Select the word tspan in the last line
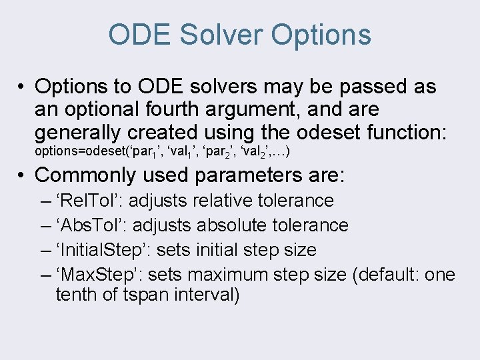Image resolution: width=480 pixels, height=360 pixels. [x=143, y=295]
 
